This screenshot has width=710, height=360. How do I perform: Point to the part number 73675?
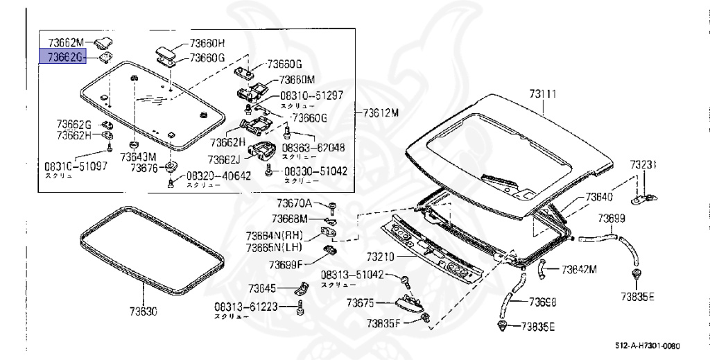pos(361,302)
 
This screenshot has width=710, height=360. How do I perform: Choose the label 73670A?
pos(295,203)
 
